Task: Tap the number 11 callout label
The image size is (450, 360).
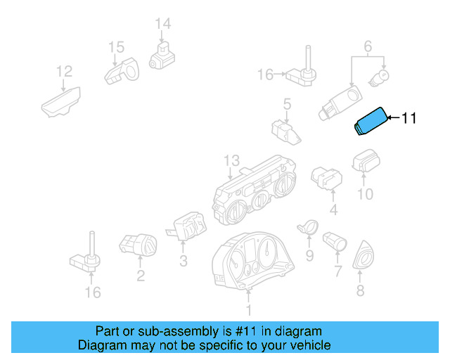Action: pyautogui.click(x=409, y=119)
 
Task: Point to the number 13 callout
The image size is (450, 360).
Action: pyautogui.click(x=231, y=161)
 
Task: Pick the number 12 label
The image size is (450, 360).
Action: pyautogui.click(x=64, y=71)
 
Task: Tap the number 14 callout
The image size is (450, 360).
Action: pyautogui.click(x=162, y=24)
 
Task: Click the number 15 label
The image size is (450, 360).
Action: pyautogui.click(x=116, y=47)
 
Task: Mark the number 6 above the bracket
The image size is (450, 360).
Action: pyautogui.click(x=367, y=47)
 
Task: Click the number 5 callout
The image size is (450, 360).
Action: pyautogui.click(x=286, y=105)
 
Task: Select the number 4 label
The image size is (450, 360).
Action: pyautogui.click(x=333, y=210)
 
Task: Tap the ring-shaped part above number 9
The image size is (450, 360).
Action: pyautogui.click(x=308, y=226)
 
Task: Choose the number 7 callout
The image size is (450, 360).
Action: pyautogui.click(x=337, y=271)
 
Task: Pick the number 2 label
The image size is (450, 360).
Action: pyautogui.click(x=141, y=276)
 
